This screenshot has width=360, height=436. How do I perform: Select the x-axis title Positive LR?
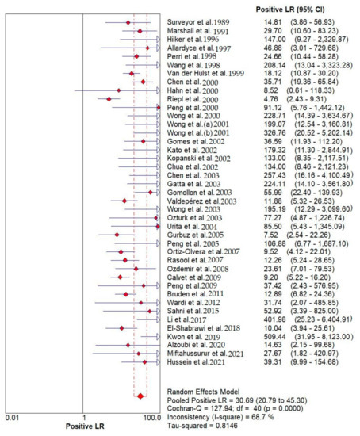pyautogui.click(x=83, y=426)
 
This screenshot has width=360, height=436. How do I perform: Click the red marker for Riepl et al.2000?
pyautogui.click(x=108, y=99)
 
